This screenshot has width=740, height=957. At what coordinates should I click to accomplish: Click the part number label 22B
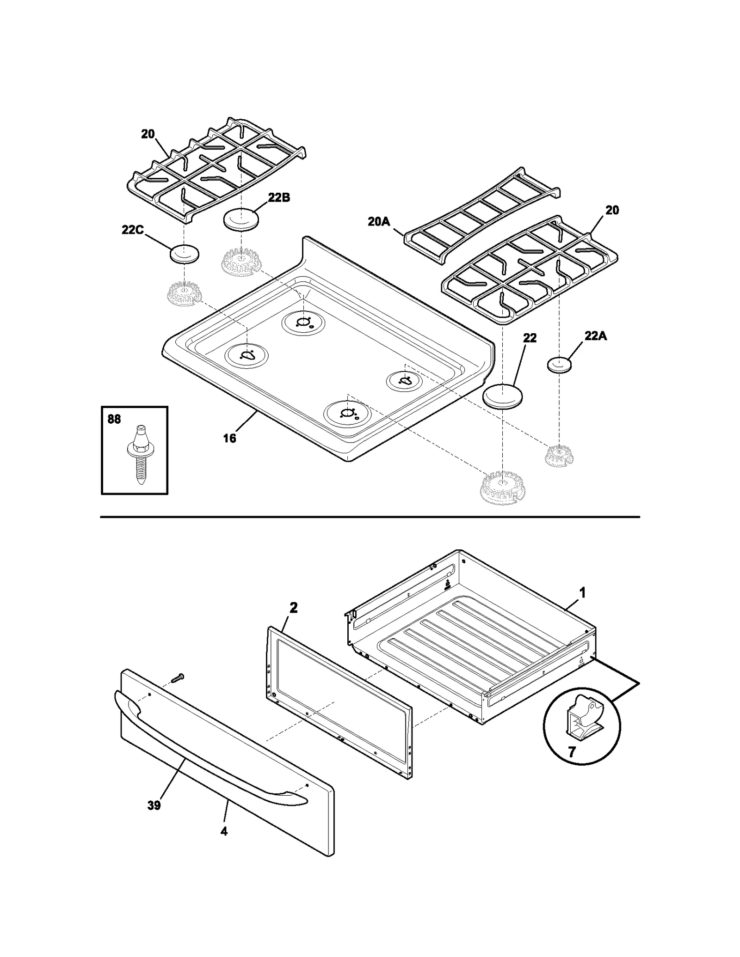[x=279, y=197]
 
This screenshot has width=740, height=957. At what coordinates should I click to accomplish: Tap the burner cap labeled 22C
[x=185, y=254]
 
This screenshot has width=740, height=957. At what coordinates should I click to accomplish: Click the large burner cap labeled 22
[x=502, y=396]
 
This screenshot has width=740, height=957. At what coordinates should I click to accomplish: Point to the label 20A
[x=379, y=222]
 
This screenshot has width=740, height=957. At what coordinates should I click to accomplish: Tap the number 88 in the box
[x=114, y=419]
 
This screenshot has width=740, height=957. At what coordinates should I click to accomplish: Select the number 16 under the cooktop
[x=229, y=438]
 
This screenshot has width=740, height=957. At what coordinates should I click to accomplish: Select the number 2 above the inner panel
[x=293, y=608]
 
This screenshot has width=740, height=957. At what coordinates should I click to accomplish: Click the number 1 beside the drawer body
[x=583, y=592]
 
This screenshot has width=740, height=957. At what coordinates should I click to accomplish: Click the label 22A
[x=595, y=336]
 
